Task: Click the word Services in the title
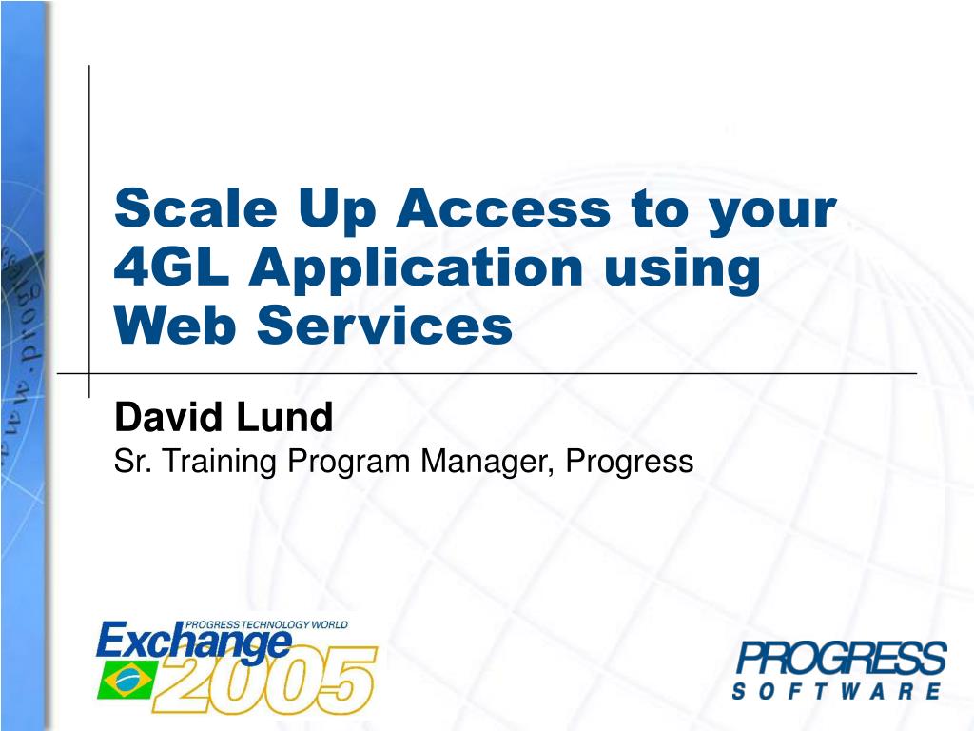point(384,326)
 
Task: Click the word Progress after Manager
point(629,463)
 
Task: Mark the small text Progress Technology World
point(265,624)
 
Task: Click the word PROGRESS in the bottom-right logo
point(841,660)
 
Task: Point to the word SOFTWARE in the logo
point(837,691)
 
